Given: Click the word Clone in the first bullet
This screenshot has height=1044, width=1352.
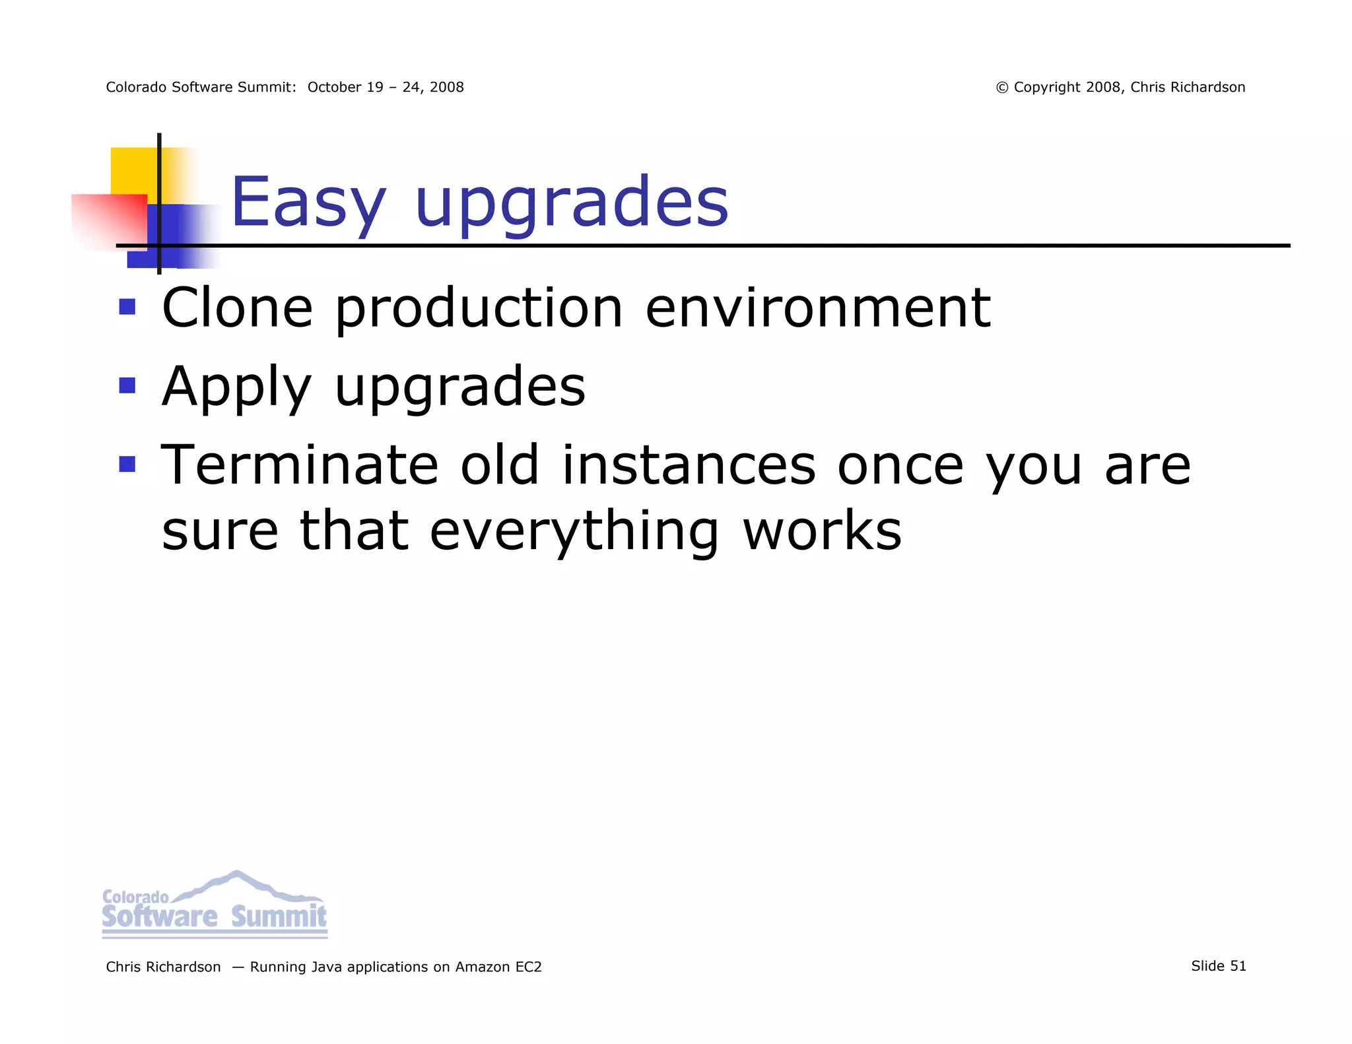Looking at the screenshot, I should point(237,308).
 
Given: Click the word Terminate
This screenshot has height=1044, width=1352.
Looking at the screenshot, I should point(299,465).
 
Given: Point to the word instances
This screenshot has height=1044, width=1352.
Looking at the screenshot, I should point(689,465).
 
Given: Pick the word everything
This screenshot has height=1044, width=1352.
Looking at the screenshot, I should point(574,532).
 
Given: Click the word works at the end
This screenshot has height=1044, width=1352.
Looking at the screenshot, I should point(822,531).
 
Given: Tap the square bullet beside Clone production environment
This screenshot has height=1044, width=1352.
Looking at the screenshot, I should point(127,307).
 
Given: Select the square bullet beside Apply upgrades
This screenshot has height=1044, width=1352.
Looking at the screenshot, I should point(127,385).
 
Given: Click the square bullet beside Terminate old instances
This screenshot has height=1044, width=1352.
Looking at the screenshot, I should point(127,465).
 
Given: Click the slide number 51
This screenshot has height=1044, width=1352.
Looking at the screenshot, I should point(1238,966).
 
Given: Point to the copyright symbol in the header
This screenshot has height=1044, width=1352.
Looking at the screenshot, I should point(1001,88).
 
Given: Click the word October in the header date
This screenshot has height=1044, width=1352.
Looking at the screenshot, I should point(335,87).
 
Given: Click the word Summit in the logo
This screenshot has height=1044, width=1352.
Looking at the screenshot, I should point(278,917).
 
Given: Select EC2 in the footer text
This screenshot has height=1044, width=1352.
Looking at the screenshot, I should point(528,967).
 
